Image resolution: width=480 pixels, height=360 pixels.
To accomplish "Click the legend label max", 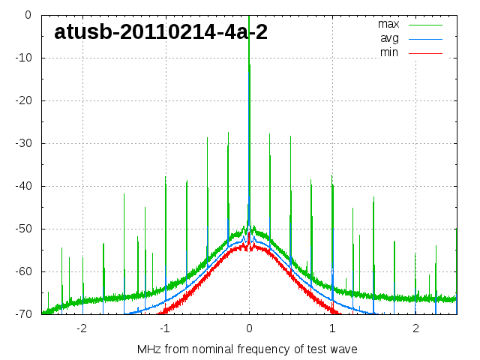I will [x=388, y=24].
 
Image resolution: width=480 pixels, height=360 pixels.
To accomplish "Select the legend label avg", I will [x=389, y=38].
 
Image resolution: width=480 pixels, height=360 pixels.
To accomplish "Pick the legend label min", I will [x=389, y=52].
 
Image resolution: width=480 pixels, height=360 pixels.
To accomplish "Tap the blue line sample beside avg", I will [x=425, y=38].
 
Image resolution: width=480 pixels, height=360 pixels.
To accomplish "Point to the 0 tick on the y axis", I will [x=27, y=15].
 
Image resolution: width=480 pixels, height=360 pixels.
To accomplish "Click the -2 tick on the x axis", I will [x=82, y=328].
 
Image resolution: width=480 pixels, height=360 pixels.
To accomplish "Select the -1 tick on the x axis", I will [x=165, y=328].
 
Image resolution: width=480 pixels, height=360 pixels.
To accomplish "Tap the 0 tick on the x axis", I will [x=249, y=328].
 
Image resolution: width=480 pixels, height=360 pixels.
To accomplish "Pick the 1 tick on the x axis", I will [x=332, y=328].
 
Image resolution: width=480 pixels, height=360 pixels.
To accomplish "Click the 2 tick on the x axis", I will [x=415, y=328].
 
